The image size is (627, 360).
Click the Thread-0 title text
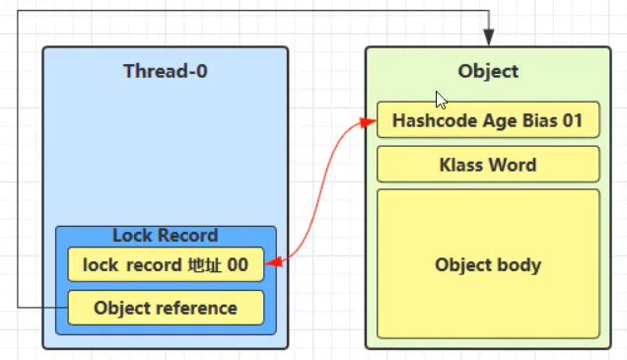click(166, 71)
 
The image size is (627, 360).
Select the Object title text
click(488, 71)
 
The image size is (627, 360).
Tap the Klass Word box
click(488, 164)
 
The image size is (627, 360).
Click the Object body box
click(488, 265)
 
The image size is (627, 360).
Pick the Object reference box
click(166, 308)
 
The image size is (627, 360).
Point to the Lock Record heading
click(166, 236)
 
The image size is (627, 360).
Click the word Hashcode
click(431, 121)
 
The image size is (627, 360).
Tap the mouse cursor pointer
click(442, 100)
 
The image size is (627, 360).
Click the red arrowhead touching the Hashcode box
click(370, 121)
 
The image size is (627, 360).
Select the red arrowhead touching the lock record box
click(271, 263)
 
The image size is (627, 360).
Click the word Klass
click(461, 164)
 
